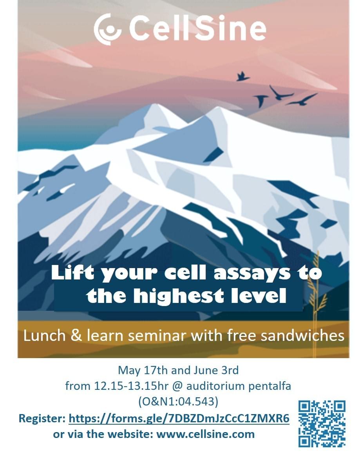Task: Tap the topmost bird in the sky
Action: coord(242,77)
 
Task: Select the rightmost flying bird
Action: coord(302,99)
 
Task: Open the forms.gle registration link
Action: coord(179,418)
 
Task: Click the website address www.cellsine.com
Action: coord(205,434)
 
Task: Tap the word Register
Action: coord(42,419)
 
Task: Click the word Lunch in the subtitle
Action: coord(44,335)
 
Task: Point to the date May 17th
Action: coord(143,370)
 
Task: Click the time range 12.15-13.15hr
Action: coord(131,386)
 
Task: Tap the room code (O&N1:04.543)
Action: coord(178,402)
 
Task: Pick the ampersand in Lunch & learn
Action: coord(76,335)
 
